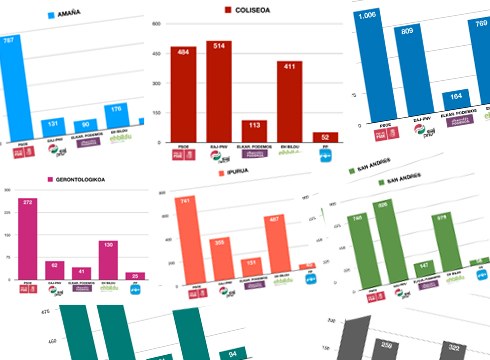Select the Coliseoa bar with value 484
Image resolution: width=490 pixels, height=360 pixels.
(182, 94)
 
